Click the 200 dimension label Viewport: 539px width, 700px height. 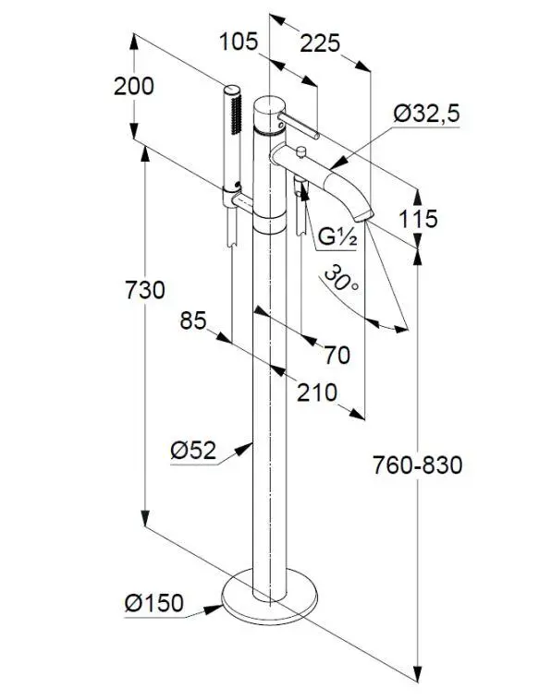[134, 86]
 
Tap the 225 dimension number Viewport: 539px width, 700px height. [320, 42]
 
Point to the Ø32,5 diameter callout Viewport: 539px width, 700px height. [426, 115]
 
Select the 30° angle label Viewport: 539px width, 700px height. [341, 281]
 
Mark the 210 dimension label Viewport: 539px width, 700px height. [316, 392]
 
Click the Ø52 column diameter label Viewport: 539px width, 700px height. [193, 450]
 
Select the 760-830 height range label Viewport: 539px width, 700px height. [418, 464]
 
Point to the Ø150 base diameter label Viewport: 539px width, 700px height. [153, 603]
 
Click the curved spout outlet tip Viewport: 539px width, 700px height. [367, 217]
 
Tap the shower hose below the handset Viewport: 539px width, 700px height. [231, 277]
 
